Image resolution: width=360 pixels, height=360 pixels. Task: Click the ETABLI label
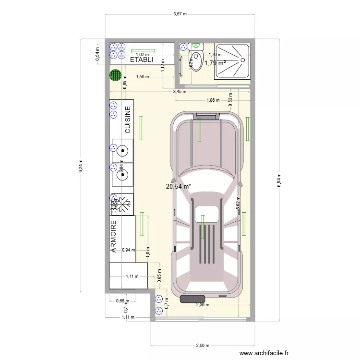click(142, 60)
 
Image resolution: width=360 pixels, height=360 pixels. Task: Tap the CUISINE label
click(128, 120)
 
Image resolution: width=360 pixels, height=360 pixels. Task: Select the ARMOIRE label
click(114, 237)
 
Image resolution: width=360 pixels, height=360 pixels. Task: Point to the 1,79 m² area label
click(215, 63)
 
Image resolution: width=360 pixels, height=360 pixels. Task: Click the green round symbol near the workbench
click(115, 75)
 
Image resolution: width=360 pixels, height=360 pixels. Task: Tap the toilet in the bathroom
click(196, 59)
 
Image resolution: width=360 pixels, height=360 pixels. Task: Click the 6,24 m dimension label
click(81, 167)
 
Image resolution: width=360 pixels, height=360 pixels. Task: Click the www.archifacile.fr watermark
click(264, 353)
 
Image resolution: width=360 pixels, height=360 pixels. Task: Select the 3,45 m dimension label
click(180, 91)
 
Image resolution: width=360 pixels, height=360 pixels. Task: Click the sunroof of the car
click(208, 214)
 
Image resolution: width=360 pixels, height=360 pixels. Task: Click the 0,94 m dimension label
click(129, 250)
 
